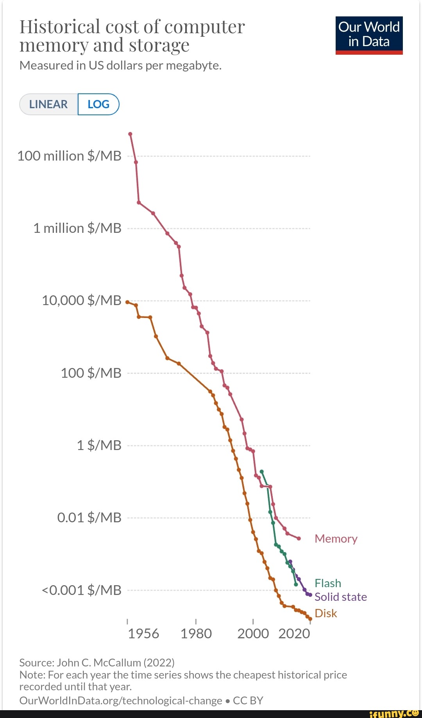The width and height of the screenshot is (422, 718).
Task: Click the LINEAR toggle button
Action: coord(48,104)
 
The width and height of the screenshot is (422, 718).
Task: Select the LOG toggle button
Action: coord(98,104)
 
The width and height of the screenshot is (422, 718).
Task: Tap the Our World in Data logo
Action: coord(369,35)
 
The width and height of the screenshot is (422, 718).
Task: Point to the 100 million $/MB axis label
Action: coord(70,156)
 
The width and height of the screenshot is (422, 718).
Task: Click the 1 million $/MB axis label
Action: coord(77,228)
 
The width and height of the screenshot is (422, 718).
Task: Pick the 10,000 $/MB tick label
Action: coord(81,300)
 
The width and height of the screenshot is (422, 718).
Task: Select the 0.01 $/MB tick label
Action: coord(89,518)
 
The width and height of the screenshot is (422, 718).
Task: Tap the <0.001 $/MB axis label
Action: coord(81,590)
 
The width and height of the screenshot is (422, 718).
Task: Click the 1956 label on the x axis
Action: coord(143,634)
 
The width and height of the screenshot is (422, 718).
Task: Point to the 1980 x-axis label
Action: coord(196,634)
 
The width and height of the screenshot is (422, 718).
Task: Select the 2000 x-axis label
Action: coord(253,634)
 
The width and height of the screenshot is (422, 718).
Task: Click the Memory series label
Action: coord(336,539)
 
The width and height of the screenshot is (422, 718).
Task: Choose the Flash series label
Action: coord(328,583)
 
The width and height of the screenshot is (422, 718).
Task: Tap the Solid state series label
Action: coord(341,597)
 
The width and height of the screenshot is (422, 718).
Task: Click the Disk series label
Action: coord(326,613)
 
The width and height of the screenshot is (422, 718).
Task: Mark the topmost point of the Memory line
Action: coord(130,134)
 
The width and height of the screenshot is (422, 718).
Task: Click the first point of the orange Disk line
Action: coord(127,302)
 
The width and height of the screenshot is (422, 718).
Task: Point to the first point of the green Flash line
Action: coord(261,472)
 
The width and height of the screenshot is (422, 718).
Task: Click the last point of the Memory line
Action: coord(299,538)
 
